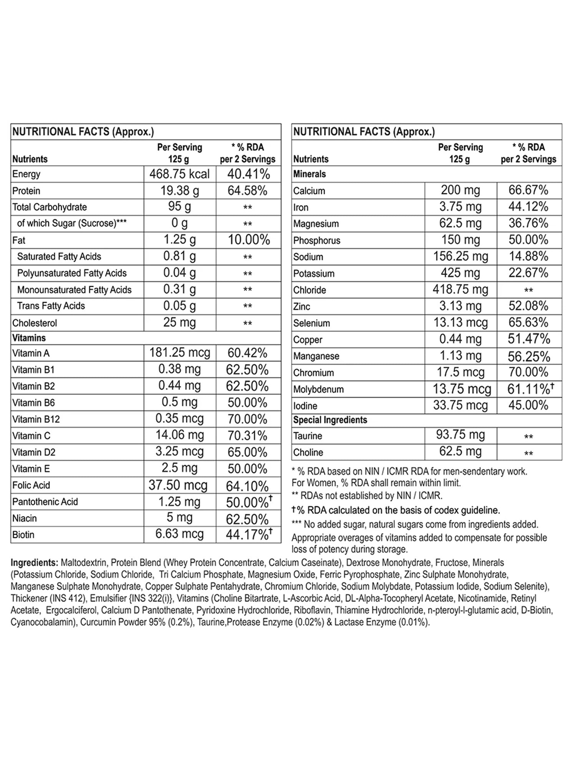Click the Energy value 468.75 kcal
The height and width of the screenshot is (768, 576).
tap(179, 174)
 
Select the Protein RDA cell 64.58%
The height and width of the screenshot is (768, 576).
tap(247, 190)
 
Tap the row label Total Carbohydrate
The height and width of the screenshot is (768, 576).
tap(50, 207)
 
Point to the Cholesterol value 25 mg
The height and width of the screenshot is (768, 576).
tap(179, 323)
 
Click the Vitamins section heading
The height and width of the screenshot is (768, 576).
tap(29, 338)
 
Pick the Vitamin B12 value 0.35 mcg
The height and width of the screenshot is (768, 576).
tap(179, 419)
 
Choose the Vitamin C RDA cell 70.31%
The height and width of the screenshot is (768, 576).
tap(247, 435)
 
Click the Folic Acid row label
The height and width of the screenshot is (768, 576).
tap(31, 485)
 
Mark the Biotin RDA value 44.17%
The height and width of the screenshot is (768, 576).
tap(247, 535)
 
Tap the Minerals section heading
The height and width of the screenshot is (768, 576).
tap(310, 174)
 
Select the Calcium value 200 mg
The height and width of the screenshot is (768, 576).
tap(460, 190)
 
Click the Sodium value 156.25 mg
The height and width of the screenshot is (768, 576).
tap(460, 256)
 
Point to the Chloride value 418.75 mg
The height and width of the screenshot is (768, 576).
tap(460, 290)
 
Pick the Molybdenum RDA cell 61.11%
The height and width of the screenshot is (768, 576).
tap(528, 389)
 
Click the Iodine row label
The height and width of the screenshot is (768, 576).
tap(305, 406)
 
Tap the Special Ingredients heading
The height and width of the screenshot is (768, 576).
tap(330, 420)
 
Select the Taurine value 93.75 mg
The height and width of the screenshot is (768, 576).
tap(460, 435)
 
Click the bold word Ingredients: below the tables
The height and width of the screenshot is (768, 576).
tap(34, 563)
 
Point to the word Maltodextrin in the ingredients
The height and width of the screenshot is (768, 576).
tap(84, 563)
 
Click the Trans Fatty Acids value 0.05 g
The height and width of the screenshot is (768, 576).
tap(179, 306)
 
